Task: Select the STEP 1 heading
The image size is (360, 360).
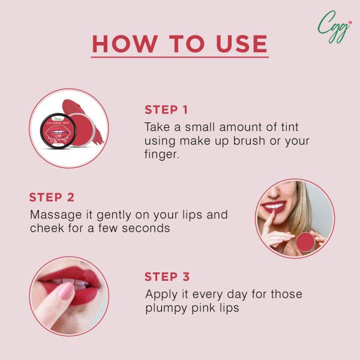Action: [x=166, y=110]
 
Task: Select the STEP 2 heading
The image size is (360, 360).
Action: [x=52, y=197]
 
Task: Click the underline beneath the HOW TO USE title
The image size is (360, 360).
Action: [x=180, y=58]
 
